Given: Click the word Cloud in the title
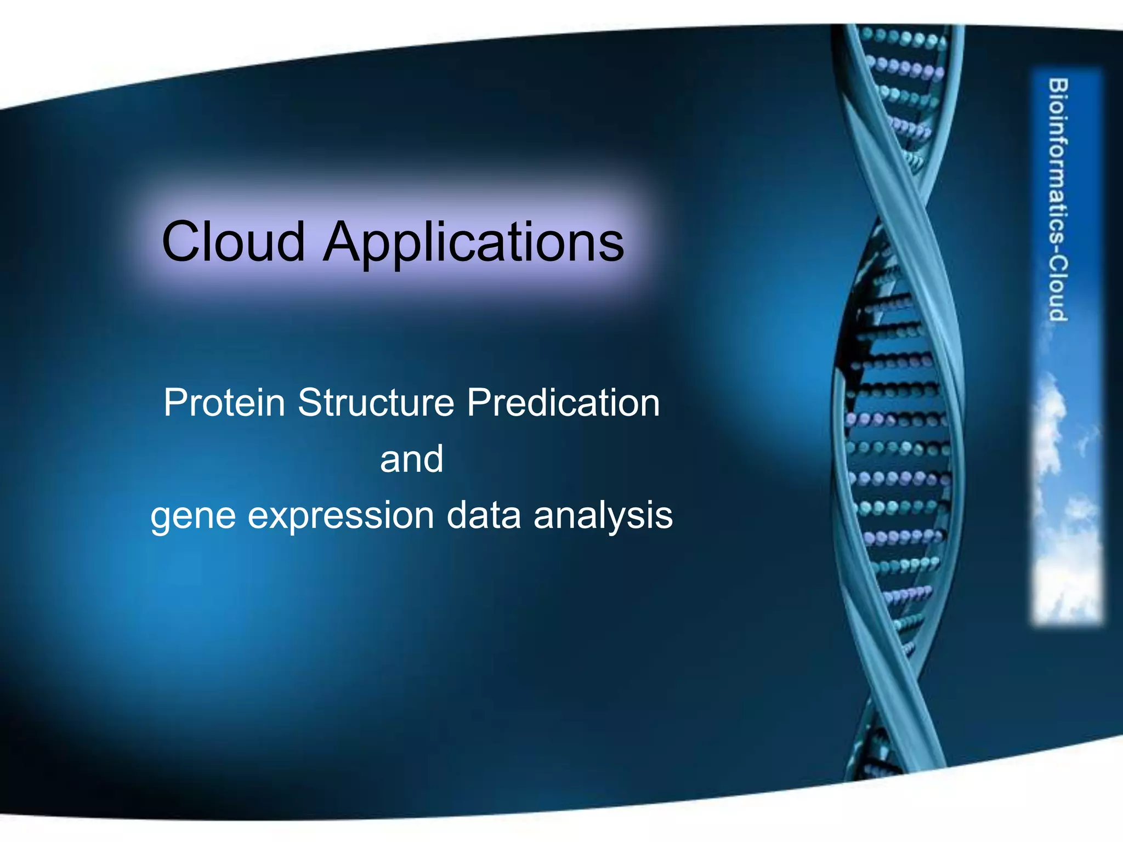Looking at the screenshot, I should pos(233,242).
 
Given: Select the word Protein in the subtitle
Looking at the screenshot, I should pos(224,403).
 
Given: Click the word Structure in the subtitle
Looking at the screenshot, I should pos(376,403).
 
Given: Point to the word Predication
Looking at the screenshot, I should pos(563,403).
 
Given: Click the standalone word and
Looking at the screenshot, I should pos(411,459).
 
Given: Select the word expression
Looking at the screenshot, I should pos(341,517).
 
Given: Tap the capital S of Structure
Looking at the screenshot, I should pos(310,403).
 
